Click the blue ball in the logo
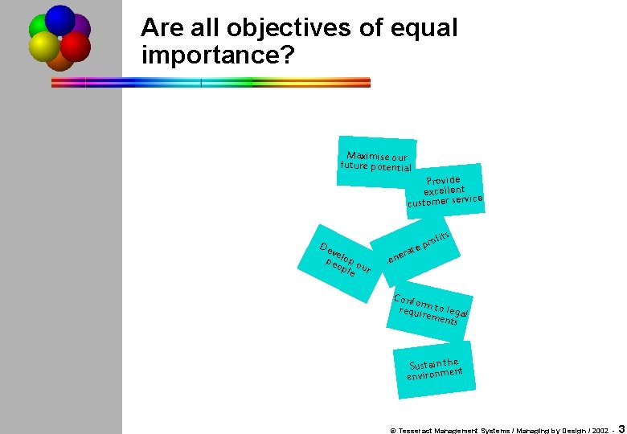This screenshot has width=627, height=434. [59, 19]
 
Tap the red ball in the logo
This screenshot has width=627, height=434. [76, 47]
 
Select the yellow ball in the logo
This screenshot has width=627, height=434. [43, 47]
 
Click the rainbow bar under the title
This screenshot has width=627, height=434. [211, 82]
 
